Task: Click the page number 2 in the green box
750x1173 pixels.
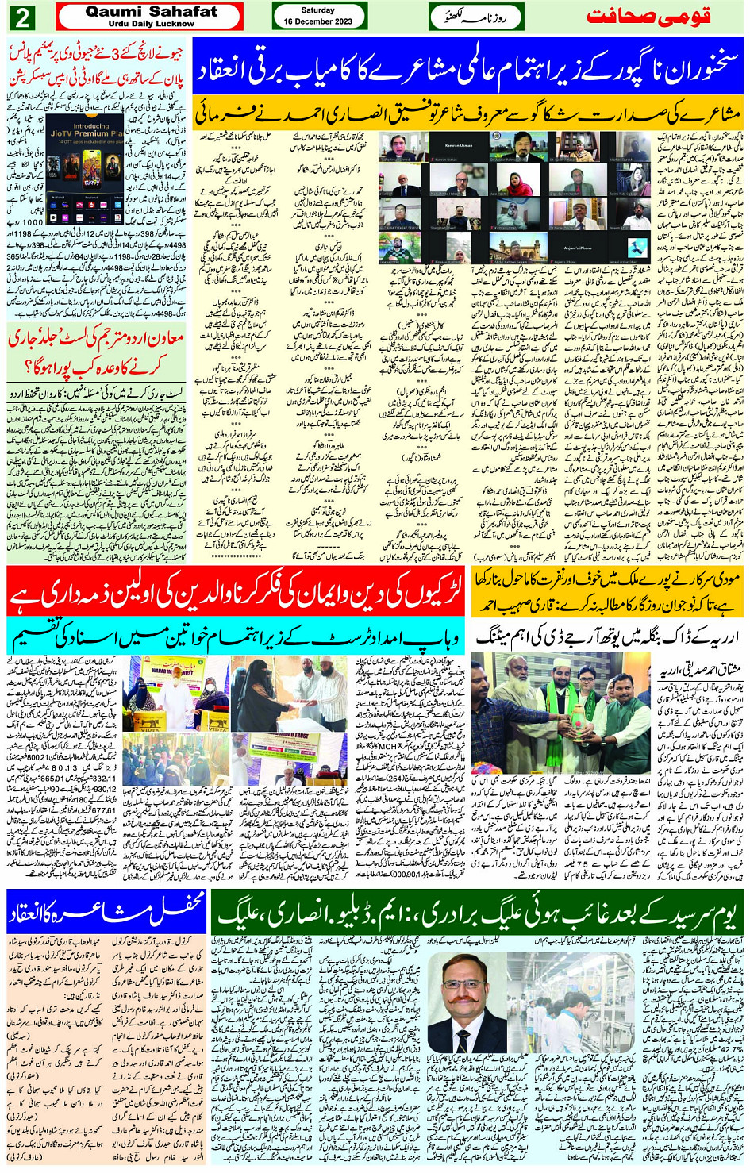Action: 22,17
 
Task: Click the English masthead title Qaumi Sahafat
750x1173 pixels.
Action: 151,12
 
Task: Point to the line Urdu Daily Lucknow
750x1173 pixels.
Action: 151,24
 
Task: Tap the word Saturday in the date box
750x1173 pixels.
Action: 318,10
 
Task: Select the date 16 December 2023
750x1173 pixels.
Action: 318,21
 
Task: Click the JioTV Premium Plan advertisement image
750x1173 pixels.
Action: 84,170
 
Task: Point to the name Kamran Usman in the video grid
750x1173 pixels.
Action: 458,147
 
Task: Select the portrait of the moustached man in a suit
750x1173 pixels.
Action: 467,1001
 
